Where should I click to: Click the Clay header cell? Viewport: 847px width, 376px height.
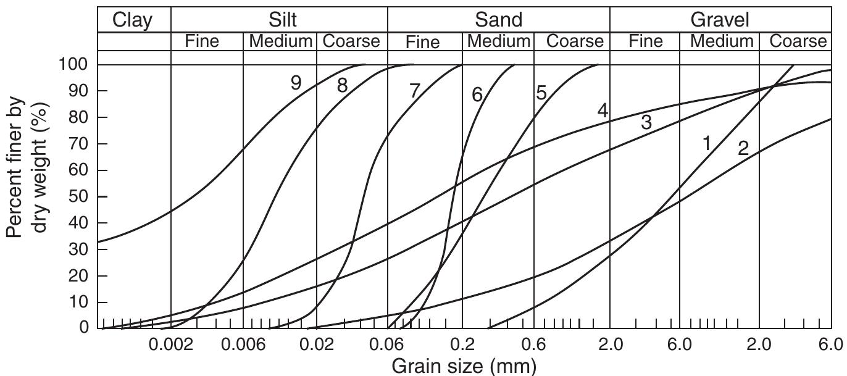(x=134, y=20)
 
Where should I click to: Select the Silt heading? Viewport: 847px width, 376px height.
(x=280, y=20)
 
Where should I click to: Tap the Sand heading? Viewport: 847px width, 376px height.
(x=498, y=20)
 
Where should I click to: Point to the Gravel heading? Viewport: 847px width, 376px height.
(x=720, y=20)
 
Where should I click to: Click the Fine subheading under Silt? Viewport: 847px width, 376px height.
(x=206, y=41)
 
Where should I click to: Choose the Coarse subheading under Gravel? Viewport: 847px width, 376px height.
(x=797, y=41)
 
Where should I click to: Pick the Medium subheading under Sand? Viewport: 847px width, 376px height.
(x=498, y=41)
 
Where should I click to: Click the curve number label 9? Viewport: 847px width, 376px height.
(x=296, y=83)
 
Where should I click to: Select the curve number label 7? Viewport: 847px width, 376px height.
(x=414, y=90)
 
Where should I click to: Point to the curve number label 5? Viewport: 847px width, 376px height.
(x=541, y=93)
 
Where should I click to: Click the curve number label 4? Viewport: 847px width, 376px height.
(x=603, y=111)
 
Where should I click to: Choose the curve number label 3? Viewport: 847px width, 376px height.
(x=646, y=122)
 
